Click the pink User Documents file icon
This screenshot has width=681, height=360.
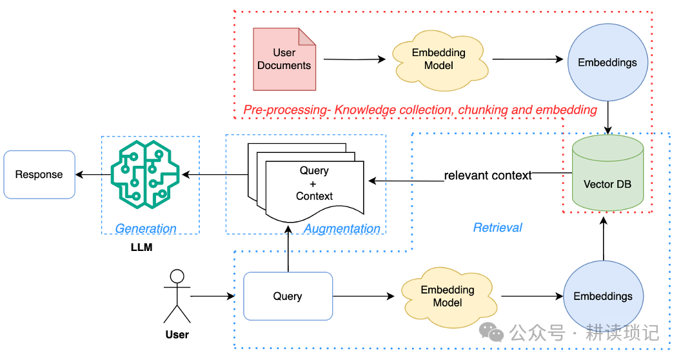[x=284, y=59]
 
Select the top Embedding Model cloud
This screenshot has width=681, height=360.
[x=439, y=59]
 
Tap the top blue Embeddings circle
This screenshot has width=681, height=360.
[x=607, y=63]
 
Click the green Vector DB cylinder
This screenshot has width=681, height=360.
[x=607, y=174]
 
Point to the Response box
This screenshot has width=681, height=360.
[x=39, y=174]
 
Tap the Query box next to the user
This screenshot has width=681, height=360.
[x=288, y=296]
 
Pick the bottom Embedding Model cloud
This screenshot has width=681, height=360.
[x=448, y=296]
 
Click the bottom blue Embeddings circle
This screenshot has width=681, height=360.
[x=603, y=296]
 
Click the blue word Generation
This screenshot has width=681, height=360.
[x=146, y=228]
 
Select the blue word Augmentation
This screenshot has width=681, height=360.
[x=342, y=228]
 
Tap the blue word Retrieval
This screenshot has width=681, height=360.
[x=497, y=227]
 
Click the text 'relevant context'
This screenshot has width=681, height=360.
[x=488, y=175]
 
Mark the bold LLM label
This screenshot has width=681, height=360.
[x=141, y=247]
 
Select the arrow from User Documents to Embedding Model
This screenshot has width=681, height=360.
[x=354, y=59]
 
